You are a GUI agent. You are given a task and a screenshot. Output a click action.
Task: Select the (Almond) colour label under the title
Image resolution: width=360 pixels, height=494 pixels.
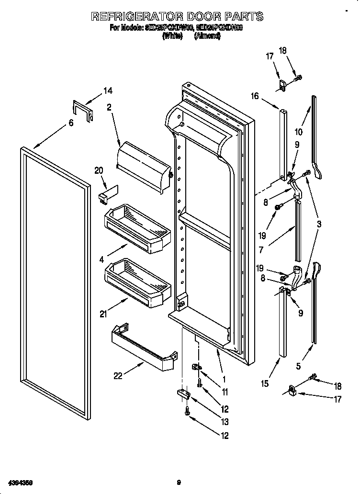207,36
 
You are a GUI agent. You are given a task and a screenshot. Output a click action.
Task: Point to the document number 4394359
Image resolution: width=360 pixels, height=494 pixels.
20,482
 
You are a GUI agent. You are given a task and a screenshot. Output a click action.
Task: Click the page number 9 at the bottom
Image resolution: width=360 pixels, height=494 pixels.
178,482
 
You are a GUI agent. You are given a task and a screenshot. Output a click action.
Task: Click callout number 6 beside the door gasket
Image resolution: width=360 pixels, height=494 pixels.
71,123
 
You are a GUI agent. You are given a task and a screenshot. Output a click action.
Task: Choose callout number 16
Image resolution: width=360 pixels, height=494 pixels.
254,96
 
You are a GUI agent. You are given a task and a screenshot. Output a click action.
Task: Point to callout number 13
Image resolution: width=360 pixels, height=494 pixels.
225,422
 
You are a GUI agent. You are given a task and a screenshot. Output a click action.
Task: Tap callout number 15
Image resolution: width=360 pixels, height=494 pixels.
266,383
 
